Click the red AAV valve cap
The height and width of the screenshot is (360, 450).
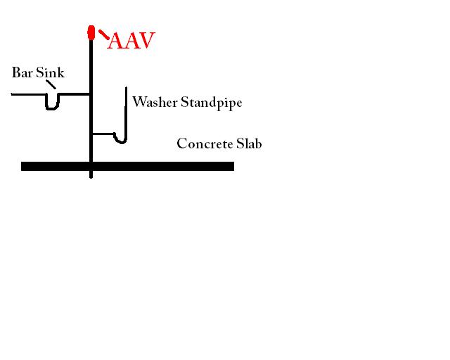pyautogui.click(x=91, y=32)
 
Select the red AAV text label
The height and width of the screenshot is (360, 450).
pyautogui.click(x=131, y=41)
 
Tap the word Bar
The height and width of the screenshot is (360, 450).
pyautogui.click(x=22, y=72)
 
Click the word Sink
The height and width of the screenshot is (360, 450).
pyautogui.click(x=50, y=72)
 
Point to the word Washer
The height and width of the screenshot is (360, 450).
pyautogui.click(x=155, y=102)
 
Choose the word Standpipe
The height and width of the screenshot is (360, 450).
pyautogui.click(x=212, y=103)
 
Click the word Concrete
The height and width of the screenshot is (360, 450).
pyautogui.click(x=205, y=143)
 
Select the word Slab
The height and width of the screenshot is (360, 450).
pyautogui.click(x=249, y=143)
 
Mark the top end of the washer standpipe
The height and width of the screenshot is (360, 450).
pyautogui.click(x=127, y=87)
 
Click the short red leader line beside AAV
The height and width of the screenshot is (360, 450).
pyautogui.click(x=104, y=34)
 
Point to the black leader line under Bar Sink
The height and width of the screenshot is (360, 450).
pyautogui.click(x=51, y=84)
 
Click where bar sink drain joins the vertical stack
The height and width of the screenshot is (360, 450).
pyautogui.click(x=91, y=94)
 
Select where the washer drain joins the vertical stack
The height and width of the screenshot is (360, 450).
pyautogui.click(x=91, y=134)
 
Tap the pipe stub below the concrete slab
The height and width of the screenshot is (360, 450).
pyautogui.click(x=91, y=174)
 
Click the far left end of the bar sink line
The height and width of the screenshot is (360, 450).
pyautogui.click(x=11, y=94)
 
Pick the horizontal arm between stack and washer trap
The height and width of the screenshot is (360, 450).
pyautogui.click(x=103, y=134)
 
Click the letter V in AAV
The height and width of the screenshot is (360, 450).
pyautogui.click(x=146, y=41)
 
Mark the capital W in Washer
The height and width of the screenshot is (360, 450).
pyautogui.click(x=139, y=102)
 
